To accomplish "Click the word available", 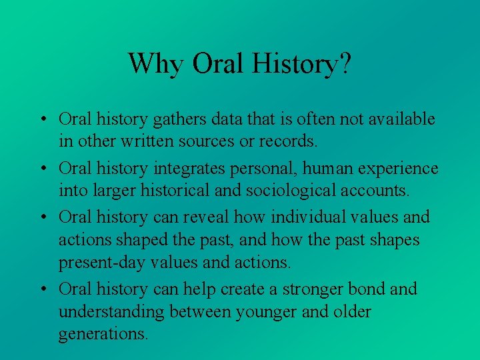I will [x=399, y=119].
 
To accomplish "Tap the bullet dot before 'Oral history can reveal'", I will [x=42, y=218].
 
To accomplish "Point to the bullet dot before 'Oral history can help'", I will [x=42, y=290].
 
